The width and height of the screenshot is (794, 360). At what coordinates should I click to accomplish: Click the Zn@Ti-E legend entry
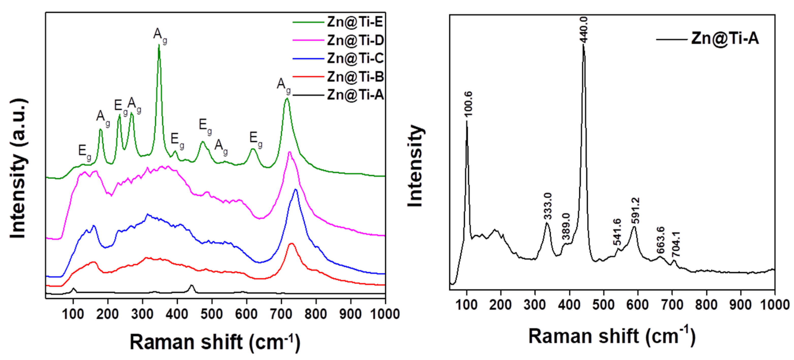[x=354, y=22]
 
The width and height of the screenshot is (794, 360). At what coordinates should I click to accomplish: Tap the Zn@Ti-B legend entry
[x=355, y=76]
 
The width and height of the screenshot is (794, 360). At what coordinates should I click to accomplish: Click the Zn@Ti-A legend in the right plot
[x=724, y=39]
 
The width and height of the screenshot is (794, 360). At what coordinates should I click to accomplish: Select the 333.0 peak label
[x=548, y=206]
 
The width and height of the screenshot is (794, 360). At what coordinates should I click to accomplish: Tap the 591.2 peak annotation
[x=636, y=210]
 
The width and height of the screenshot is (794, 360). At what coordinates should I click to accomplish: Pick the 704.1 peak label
[x=676, y=245]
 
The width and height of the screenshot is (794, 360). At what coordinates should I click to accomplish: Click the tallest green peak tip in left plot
[x=159, y=45]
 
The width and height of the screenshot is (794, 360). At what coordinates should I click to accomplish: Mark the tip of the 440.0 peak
[x=583, y=45]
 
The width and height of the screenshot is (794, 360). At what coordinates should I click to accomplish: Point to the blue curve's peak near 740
[x=296, y=190]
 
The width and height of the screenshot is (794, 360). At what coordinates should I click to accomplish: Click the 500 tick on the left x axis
[x=212, y=314]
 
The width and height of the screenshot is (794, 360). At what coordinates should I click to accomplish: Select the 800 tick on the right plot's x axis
[x=706, y=305]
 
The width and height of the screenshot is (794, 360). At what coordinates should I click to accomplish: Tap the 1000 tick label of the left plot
[x=384, y=314]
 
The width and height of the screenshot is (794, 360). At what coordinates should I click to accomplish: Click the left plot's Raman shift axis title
[x=215, y=342]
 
